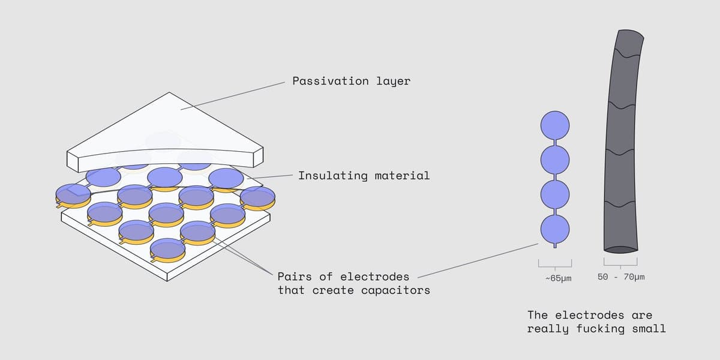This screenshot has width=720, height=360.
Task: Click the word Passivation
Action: pos(331,80)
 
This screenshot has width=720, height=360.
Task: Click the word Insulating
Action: pos(333,175)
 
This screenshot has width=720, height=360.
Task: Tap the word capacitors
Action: pos(395,290)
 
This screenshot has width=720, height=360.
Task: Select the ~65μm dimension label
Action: pos(559,278)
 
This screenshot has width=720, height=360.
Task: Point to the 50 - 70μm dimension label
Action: pos(621,277)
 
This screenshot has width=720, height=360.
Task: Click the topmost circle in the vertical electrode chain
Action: pos(555,125)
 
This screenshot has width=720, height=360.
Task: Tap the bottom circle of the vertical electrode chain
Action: pos(555,229)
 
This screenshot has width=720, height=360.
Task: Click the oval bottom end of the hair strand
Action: pos(620,250)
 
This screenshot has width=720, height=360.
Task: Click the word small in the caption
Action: pos(649,329)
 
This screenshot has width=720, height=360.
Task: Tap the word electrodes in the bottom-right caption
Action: pos(589,315)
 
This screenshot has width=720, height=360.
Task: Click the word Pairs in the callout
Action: pos(295,277)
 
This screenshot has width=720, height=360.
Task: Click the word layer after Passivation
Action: pos(394,80)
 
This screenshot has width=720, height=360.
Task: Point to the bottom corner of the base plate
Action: pos(167,281)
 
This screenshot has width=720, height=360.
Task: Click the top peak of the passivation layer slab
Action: pos(169,92)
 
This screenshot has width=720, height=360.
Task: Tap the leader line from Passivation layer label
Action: pos(233,96)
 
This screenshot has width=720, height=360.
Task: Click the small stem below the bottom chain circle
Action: pos(555,245)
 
